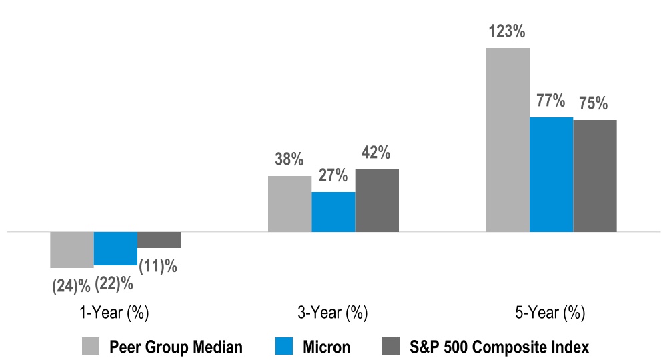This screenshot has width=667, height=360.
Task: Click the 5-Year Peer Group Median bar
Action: pyautogui.click(x=507, y=140)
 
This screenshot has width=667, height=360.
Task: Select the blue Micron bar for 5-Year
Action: pyautogui.click(x=551, y=175)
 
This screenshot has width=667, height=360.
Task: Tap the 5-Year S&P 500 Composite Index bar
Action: pyautogui.click(x=595, y=176)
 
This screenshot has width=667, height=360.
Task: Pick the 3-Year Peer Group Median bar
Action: pyautogui.click(x=289, y=204)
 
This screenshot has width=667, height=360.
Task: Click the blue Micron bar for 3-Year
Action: pyautogui.click(x=333, y=212)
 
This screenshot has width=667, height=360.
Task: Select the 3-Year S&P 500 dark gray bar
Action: pyautogui.click(x=377, y=201)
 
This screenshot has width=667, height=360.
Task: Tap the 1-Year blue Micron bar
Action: pyautogui.click(x=115, y=249)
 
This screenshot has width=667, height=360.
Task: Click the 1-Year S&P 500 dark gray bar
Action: pyautogui.click(x=159, y=240)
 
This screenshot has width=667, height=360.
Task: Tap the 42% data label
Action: pyautogui.click(x=376, y=153)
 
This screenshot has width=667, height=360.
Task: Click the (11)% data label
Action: pyautogui.click(x=158, y=266)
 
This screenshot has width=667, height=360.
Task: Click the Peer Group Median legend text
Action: pyautogui.click(x=176, y=347)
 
